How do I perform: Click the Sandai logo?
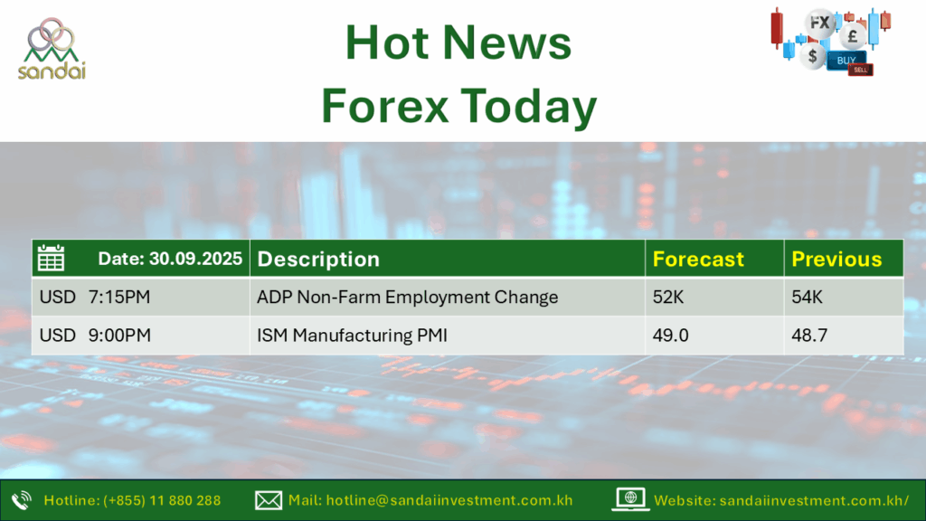(52, 49)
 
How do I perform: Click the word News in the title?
(507, 43)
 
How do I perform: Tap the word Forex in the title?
(384, 107)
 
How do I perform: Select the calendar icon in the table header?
(51, 258)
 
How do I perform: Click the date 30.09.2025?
(195, 259)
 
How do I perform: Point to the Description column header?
(318, 260)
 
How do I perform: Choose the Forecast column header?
(698, 260)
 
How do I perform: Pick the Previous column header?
(836, 260)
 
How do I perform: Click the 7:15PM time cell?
(119, 297)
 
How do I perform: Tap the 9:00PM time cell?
(120, 335)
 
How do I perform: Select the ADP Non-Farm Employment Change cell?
(408, 297)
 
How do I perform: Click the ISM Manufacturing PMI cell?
(352, 335)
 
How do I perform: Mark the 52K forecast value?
(668, 297)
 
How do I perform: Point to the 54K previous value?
(807, 297)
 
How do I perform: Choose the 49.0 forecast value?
(670, 335)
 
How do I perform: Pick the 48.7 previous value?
(809, 335)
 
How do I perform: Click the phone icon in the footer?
(22, 500)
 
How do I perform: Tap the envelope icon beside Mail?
(268, 500)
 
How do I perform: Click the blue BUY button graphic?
(846, 61)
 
